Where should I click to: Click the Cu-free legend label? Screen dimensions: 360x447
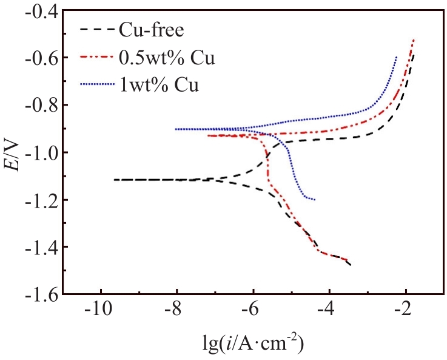click(x=154, y=29)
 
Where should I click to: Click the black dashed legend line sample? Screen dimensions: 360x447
click(x=98, y=29)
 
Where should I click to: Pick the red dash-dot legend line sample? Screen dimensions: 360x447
click(x=98, y=58)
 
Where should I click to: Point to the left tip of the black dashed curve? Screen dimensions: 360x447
click(x=114, y=180)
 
